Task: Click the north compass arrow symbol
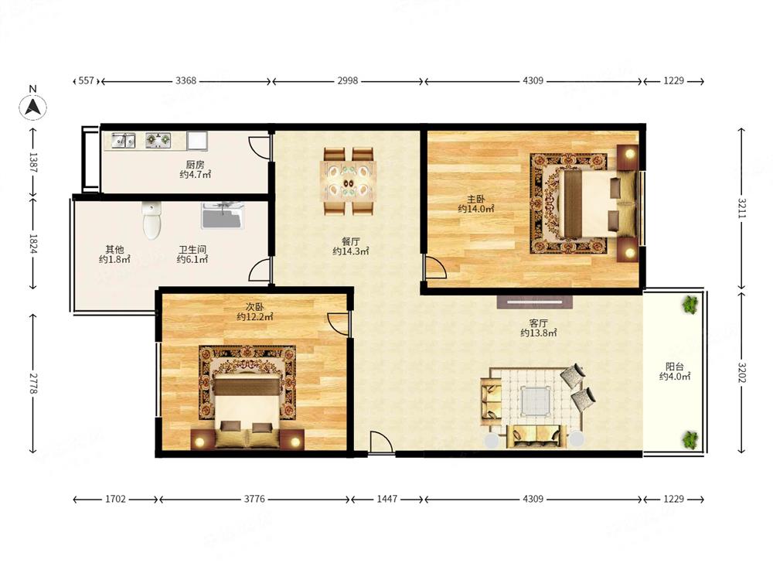[x=32, y=106]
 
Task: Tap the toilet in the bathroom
[x=152, y=220]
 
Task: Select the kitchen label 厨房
[x=196, y=164]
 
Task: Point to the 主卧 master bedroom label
[x=476, y=199]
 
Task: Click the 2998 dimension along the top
[x=348, y=80]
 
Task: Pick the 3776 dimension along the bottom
[x=254, y=499]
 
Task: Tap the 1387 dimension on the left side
[x=33, y=162]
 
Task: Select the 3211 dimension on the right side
[x=742, y=208]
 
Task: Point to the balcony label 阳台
[x=674, y=367]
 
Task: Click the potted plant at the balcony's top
[x=690, y=304]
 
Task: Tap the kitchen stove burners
[x=158, y=141]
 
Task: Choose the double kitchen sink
[x=123, y=141]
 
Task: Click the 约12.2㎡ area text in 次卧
[x=254, y=316]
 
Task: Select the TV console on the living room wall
[x=535, y=302]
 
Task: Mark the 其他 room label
[x=114, y=250]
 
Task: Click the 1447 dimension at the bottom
[x=387, y=499]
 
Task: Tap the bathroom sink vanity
[x=223, y=216]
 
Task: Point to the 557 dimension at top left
[x=87, y=80]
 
